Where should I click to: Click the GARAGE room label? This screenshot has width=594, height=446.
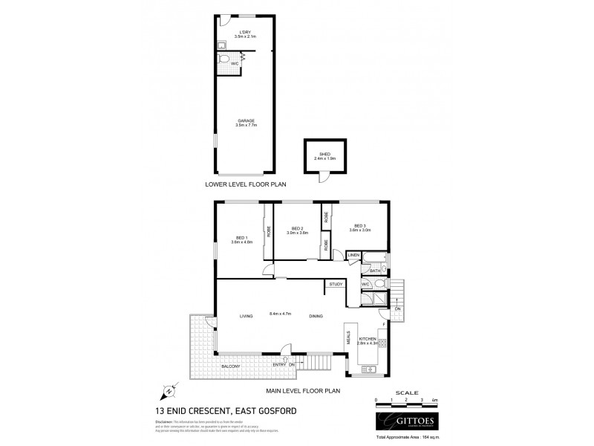click(x=246, y=120)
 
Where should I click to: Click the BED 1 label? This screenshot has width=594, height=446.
click(x=242, y=238)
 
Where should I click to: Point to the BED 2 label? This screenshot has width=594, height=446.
click(x=297, y=228)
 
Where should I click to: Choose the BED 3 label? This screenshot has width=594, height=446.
click(x=360, y=226)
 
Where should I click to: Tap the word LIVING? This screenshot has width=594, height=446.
click(x=247, y=317)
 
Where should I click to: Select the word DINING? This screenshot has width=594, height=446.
click(x=316, y=317)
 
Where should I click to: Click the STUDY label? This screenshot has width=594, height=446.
click(x=336, y=284)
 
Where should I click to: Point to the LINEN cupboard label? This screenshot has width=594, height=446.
click(x=353, y=256)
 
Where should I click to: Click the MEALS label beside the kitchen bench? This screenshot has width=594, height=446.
click(x=348, y=338)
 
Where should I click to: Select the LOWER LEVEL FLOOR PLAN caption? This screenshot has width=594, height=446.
click(x=246, y=183)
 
